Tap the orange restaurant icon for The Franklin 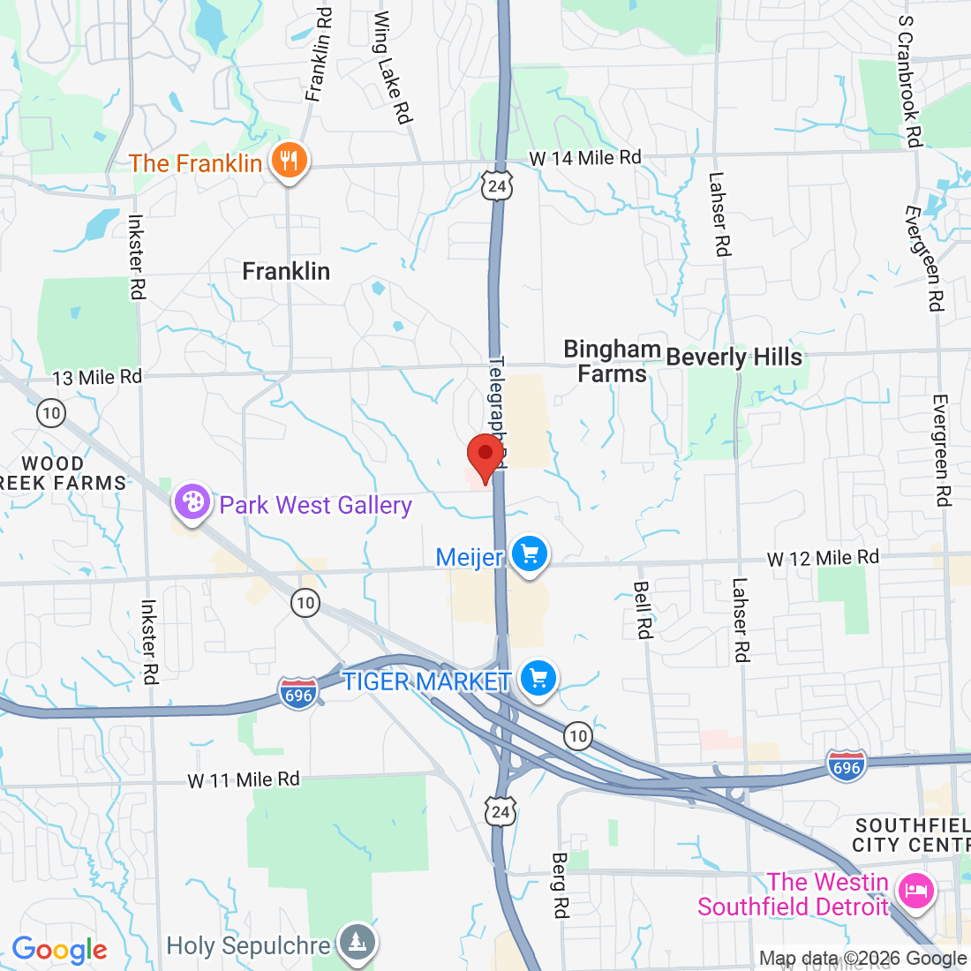point(288,162)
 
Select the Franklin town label point(286,271)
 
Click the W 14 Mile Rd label point(585,158)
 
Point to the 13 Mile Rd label point(97,377)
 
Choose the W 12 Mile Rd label point(823,558)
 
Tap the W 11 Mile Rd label point(244,779)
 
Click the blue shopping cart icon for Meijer point(530,555)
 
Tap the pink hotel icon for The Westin point(915,890)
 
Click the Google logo point(59,950)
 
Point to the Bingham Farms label point(612,361)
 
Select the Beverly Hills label point(734,357)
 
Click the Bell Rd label point(643,610)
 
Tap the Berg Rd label point(560,884)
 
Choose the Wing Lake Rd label point(393,67)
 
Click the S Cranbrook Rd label point(909,80)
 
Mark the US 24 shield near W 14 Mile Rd point(497,185)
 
